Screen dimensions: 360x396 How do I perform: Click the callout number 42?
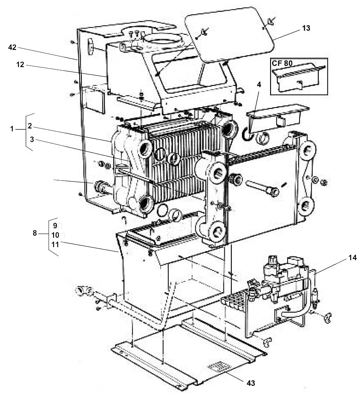(12, 47)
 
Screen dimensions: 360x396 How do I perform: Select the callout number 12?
(20, 65)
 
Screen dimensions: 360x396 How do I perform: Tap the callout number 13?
(306, 28)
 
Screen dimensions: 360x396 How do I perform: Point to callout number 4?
(259, 84)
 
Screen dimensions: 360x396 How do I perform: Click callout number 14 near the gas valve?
(353, 258)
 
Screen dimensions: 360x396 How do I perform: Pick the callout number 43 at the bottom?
(251, 383)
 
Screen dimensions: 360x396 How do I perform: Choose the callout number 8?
(35, 233)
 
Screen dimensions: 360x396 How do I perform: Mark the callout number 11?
(55, 245)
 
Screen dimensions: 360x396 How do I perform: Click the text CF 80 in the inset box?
(282, 63)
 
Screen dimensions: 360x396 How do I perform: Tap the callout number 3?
(31, 139)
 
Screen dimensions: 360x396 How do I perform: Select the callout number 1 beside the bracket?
(12, 129)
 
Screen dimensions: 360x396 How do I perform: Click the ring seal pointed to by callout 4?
(248, 134)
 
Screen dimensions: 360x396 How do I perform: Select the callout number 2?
(30, 126)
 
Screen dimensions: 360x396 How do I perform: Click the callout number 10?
(55, 235)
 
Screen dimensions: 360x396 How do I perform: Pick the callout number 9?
(55, 225)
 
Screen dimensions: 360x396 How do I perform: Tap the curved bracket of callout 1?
(26, 132)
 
